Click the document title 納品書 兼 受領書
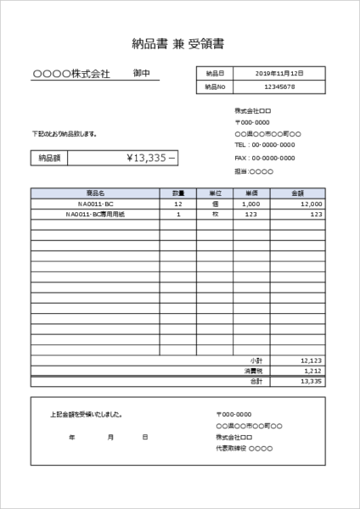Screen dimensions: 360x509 pos(179,42)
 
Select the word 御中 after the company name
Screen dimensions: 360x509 pos(142,74)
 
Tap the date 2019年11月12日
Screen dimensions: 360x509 pos(279,74)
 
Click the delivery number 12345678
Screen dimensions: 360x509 pos(279,87)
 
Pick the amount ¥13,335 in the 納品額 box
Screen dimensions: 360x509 pos(151,158)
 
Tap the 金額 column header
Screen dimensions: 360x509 pos(297,193)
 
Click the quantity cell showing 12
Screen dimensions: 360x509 pos(178,204)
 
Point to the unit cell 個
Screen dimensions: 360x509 pos(215,204)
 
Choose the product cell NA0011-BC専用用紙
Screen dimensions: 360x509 pos(95,215)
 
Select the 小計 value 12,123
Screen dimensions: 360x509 pos(311,361)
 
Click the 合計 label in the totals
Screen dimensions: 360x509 pos(257,382)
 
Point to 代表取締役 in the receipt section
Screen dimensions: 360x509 pos(232,447)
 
